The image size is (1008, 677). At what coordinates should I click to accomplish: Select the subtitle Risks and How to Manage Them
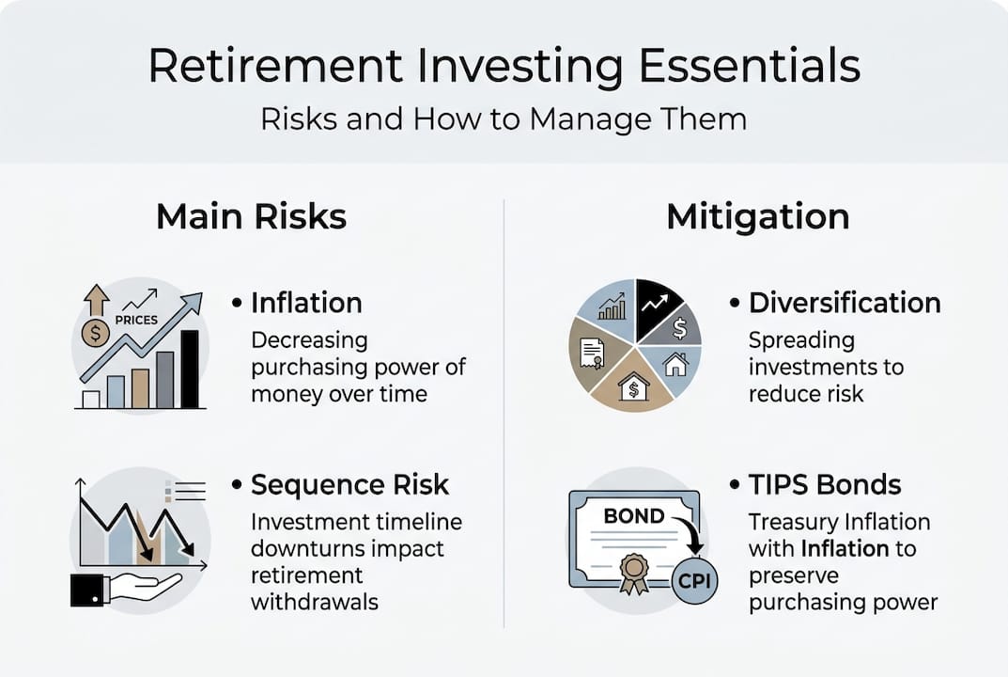pyautogui.click(x=504, y=119)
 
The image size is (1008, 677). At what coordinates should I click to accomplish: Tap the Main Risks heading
pyautogui.click(x=251, y=217)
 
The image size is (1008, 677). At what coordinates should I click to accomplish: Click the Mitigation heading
pyautogui.click(x=757, y=217)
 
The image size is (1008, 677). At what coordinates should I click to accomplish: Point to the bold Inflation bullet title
pyautogui.click(x=306, y=303)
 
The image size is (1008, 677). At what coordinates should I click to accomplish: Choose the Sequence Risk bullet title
pyautogui.click(x=349, y=484)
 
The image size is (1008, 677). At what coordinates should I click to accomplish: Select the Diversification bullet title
pyautogui.click(x=845, y=303)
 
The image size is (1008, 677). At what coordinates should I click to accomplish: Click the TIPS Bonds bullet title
pyautogui.click(x=825, y=484)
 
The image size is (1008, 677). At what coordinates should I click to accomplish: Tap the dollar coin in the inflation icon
pyautogui.click(x=95, y=332)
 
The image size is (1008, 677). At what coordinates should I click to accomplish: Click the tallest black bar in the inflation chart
pyautogui.click(x=190, y=369)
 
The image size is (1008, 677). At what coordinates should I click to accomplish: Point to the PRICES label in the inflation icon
pyautogui.click(x=135, y=320)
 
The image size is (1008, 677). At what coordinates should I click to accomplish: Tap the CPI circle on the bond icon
pyautogui.click(x=694, y=580)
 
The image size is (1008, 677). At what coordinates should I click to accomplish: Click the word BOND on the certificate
pyautogui.click(x=634, y=516)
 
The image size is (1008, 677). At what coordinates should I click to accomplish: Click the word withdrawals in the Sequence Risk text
pyautogui.click(x=314, y=601)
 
